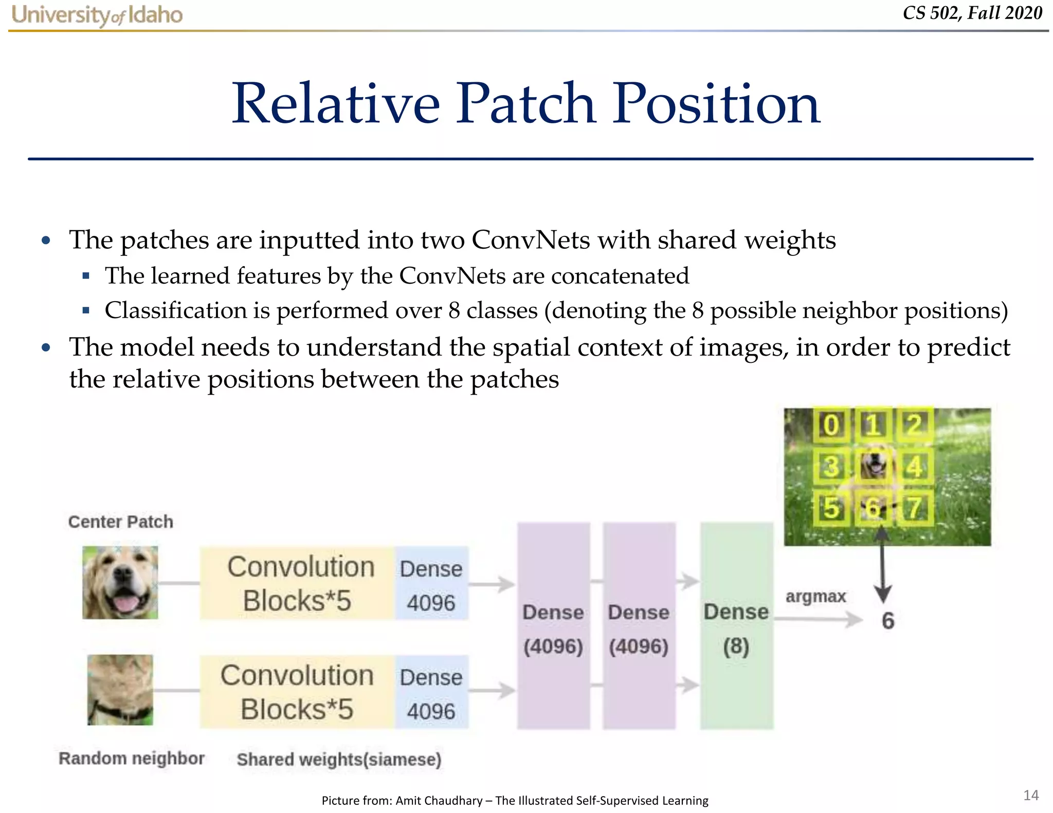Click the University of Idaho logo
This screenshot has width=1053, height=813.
click(x=97, y=15)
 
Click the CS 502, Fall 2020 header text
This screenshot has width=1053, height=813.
click(x=972, y=13)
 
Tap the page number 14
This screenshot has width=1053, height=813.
click(x=1030, y=795)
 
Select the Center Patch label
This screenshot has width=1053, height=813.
click(x=120, y=522)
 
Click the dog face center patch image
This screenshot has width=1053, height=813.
click(x=120, y=582)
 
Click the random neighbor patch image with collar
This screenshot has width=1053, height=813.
click(x=120, y=690)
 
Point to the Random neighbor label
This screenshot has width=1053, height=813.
click(x=131, y=758)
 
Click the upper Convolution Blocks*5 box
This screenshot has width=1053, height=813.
click(x=297, y=583)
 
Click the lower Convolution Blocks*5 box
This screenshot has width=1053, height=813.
click(x=297, y=692)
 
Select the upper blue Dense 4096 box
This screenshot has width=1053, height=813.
click(x=431, y=584)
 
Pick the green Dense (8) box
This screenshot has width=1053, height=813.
click(x=736, y=626)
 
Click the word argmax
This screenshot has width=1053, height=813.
click(x=815, y=596)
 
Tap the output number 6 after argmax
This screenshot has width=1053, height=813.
click(x=888, y=621)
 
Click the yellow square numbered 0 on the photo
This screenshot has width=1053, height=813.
click(x=831, y=426)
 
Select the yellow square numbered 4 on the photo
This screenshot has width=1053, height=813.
click(x=914, y=467)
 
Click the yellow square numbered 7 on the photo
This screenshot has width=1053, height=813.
click(x=914, y=508)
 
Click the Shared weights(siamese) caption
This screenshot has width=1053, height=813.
click(x=339, y=759)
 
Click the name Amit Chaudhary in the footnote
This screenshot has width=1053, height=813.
click(x=439, y=800)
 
